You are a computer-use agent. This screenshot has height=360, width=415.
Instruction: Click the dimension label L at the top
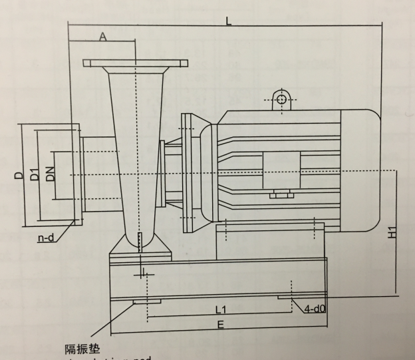coord(228,21)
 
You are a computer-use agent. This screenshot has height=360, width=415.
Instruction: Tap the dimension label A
coord(103,37)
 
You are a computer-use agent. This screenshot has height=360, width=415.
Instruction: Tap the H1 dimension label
coord(393,232)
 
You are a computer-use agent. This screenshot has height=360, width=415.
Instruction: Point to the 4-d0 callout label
coord(314,309)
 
